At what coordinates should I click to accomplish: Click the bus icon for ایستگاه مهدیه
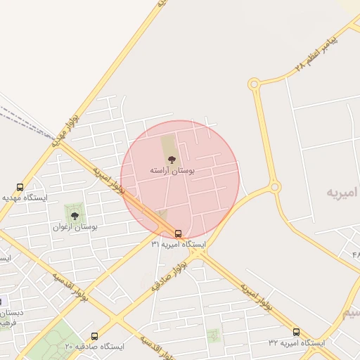(20, 188)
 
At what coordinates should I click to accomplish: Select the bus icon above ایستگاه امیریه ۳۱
(179, 233)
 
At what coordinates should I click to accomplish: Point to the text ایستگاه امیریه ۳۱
(178, 244)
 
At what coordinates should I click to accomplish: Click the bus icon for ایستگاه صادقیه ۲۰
(95, 336)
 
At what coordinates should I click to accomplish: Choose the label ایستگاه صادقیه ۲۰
(94, 347)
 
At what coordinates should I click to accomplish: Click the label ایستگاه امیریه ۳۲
(296, 343)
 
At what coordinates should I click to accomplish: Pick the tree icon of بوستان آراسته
(172, 160)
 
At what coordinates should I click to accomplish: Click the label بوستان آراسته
(172, 170)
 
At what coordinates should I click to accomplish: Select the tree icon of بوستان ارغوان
(75, 216)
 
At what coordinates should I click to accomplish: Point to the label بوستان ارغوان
(75, 227)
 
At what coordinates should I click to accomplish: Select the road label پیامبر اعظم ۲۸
(316, 51)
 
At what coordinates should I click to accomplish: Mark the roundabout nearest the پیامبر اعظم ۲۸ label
(253, 84)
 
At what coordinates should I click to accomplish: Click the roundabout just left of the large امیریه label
(274, 187)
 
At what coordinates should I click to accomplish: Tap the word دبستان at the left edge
(11, 312)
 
